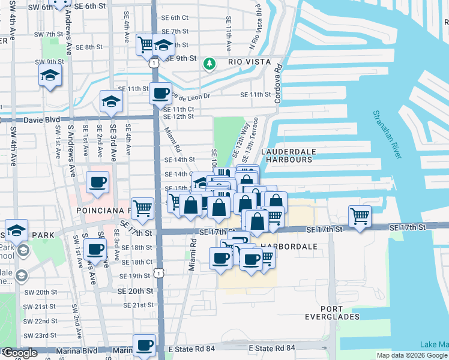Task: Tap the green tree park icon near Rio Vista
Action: click(x=209, y=63)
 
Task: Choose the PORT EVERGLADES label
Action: click(x=332, y=312)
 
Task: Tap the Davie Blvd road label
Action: click(x=38, y=120)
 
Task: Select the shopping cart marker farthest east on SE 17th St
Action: click(x=360, y=215)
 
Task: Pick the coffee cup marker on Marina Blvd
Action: click(x=144, y=345)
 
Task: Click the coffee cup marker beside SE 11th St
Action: click(x=160, y=94)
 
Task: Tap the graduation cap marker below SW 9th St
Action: click(x=50, y=76)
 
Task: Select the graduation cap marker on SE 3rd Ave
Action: click(x=111, y=101)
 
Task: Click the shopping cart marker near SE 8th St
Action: click(x=146, y=44)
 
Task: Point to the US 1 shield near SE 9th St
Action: click(x=155, y=62)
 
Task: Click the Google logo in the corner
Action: click(x=19, y=353)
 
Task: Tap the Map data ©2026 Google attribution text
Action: click(x=412, y=355)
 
